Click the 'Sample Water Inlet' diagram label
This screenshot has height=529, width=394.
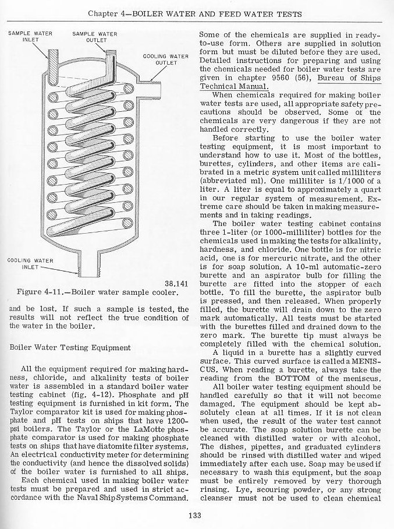pyautogui.click(x=30, y=37)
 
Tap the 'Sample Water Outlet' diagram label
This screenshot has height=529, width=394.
pyautogui.click(x=94, y=37)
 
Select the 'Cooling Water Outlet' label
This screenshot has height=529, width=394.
pyautogui.click(x=166, y=59)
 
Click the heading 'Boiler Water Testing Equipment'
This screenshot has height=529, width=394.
pyautogui.click(x=70, y=347)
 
